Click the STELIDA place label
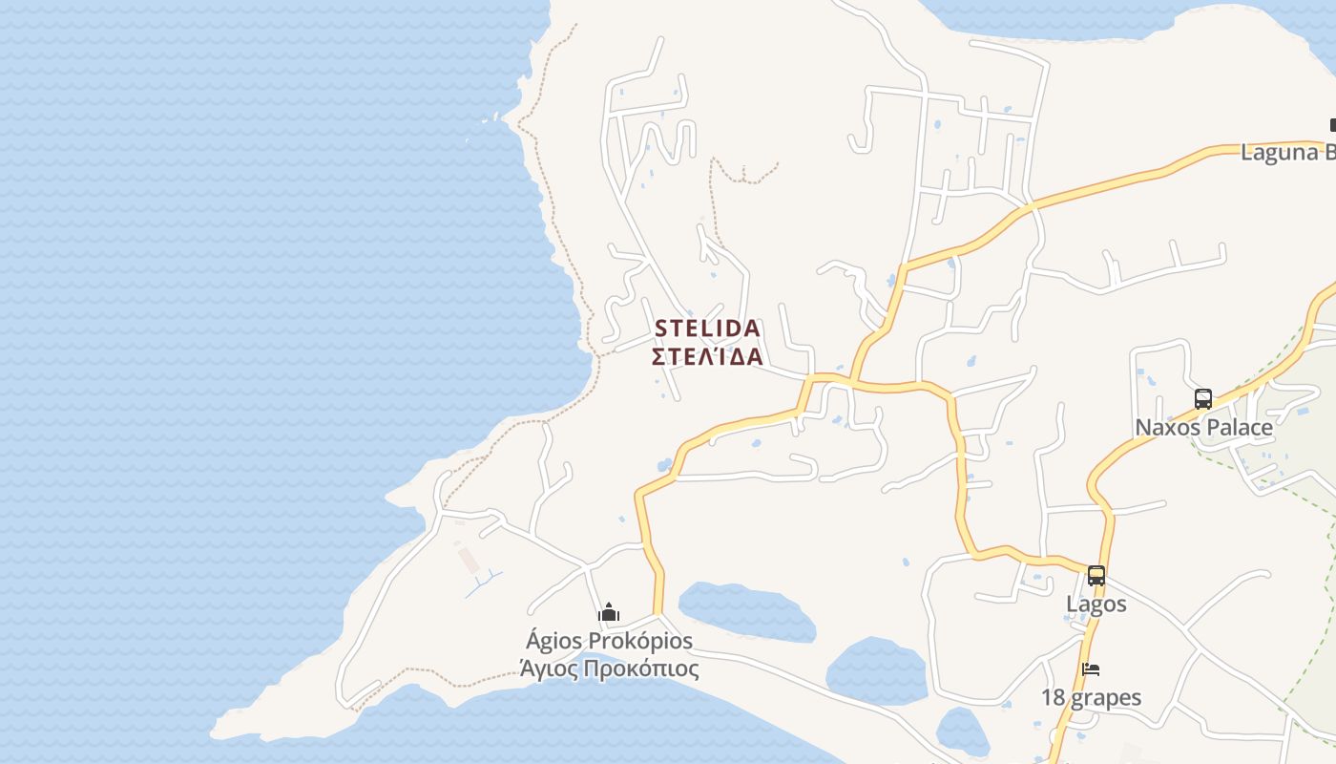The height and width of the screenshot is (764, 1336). click(x=707, y=329)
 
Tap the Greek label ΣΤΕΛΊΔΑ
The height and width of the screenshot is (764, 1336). click(x=707, y=357)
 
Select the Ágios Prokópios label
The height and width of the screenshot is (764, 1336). click(x=609, y=640)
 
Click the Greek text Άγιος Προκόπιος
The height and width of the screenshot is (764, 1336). click(x=609, y=668)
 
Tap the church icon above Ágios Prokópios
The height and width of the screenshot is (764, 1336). click(x=609, y=613)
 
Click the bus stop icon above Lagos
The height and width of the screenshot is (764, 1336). click(x=1096, y=576)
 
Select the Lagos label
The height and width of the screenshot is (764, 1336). click(x=1096, y=604)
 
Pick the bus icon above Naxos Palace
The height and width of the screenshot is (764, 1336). click(x=1203, y=399)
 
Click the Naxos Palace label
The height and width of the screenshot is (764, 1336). click(x=1203, y=427)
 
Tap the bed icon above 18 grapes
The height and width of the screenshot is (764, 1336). click(x=1091, y=669)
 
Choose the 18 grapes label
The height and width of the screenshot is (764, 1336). click(x=1091, y=697)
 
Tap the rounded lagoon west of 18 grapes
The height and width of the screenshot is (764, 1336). click(x=876, y=670)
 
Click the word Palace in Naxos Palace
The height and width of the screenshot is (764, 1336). click(x=1239, y=427)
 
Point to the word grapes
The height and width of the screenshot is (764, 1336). click(x=1105, y=698)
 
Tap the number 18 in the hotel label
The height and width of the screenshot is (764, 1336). click(x=1053, y=697)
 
